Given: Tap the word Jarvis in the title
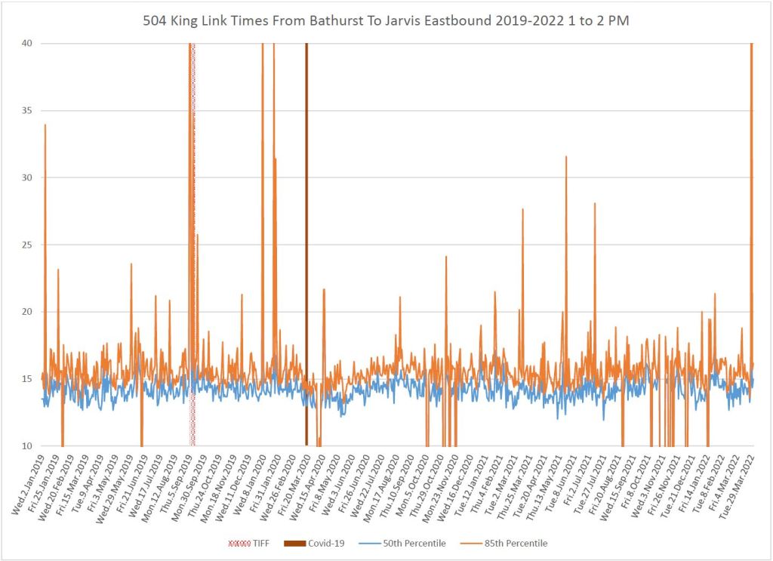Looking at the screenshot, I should (x=390, y=21).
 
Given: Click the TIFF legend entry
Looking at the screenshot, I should (x=252, y=544).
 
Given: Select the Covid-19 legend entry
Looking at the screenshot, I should (x=303, y=544).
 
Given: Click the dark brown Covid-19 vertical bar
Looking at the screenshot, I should (x=306, y=227).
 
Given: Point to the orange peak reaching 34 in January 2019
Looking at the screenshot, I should (x=45, y=125).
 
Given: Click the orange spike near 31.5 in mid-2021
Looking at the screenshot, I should (x=566, y=157).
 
